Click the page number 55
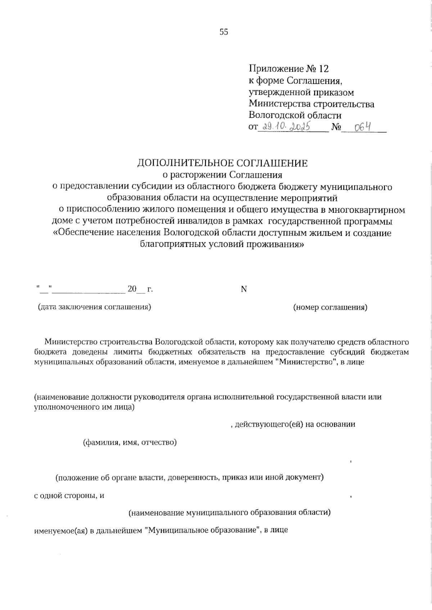(x=224, y=32)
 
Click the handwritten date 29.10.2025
(x=287, y=126)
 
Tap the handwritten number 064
(x=363, y=127)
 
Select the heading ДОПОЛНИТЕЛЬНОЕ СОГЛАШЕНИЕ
(x=222, y=163)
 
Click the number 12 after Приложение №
(x=323, y=68)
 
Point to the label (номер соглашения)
(x=330, y=307)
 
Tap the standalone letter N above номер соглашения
(x=244, y=289)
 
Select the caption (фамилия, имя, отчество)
(x=130, y=442)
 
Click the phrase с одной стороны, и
(x=69, y=495)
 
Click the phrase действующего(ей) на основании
(x=295, y=424)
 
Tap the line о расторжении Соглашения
(x=222, y=175)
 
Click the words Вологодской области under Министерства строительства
(x=295, y=116)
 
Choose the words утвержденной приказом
(x=301, y=92)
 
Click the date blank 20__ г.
(x=140, y=289)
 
